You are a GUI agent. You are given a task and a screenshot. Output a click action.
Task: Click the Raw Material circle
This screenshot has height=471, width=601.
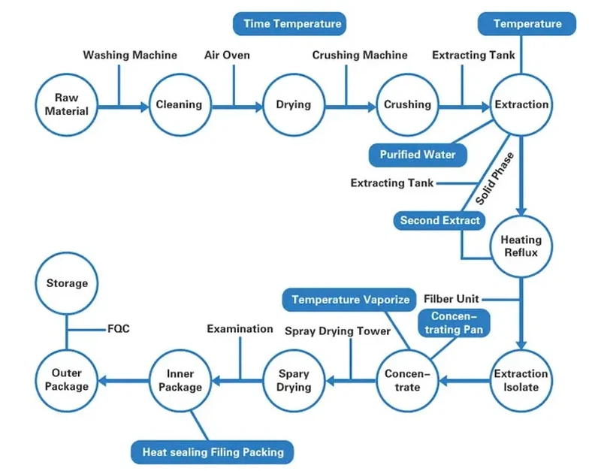66,105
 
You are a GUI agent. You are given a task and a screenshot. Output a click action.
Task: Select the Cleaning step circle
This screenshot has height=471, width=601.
179,105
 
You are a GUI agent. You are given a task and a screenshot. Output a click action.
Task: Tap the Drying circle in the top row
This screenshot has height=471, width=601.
293,105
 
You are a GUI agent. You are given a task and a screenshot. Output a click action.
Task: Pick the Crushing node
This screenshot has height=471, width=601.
408,105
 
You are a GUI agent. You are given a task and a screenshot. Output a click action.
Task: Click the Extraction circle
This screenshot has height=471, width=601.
521,105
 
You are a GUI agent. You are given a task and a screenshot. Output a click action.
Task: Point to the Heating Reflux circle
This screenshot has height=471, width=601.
521,246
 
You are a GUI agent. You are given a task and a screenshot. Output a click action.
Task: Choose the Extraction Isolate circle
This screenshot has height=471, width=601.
521,380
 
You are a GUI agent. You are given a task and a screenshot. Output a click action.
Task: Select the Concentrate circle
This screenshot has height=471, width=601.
408,380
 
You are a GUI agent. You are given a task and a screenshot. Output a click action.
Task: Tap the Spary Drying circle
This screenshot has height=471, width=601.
294,380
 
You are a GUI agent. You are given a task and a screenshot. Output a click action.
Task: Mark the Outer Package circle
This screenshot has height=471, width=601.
67,380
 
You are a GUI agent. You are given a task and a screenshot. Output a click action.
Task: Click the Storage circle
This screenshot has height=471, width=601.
67,283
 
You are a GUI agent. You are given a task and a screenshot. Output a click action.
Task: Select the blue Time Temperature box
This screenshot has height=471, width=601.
292,24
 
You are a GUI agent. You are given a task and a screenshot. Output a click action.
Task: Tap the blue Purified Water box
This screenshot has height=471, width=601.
417,155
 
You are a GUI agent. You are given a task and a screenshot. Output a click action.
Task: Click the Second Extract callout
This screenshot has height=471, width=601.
439,220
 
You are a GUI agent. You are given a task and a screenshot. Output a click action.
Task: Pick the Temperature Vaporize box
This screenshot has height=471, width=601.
350,300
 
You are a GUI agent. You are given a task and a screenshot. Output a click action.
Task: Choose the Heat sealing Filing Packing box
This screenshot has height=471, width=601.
213,452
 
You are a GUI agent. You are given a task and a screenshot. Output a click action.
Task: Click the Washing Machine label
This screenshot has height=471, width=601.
130,55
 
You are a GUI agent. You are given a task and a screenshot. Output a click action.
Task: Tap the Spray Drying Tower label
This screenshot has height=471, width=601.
337,331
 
